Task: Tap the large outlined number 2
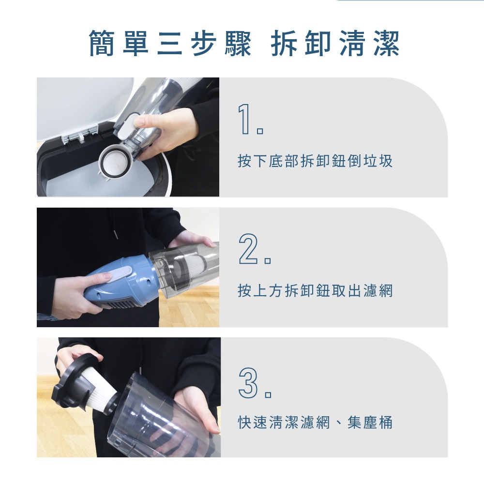(250, 250)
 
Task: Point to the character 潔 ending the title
(386, 44)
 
